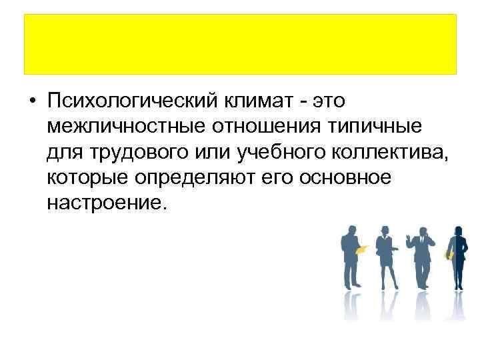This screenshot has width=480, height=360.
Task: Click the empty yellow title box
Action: (240, 44)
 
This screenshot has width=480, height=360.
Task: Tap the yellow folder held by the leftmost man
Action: (361, 250)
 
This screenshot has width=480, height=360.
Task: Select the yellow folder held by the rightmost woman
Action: (449, 254)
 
